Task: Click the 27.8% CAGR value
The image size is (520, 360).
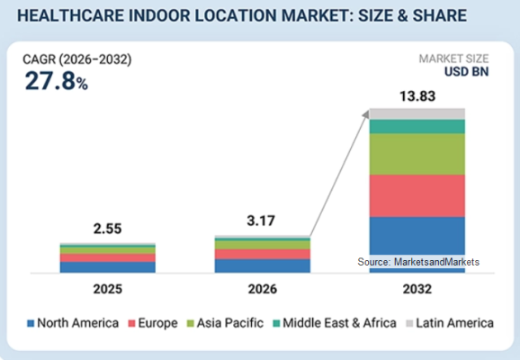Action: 57,81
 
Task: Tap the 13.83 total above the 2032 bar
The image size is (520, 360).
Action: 417,96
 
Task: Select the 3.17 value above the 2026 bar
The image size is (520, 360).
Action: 261,220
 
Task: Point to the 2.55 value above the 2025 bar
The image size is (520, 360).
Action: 107,229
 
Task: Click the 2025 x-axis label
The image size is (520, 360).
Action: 107,289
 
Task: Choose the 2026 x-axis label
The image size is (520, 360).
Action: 263,289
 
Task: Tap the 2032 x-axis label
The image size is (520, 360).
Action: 417,289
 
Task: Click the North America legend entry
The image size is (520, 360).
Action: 73,323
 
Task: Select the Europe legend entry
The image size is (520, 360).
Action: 153,323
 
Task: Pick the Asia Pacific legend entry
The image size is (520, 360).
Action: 225,323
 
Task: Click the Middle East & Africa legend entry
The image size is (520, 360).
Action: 335,323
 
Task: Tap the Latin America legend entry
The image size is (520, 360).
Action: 450,323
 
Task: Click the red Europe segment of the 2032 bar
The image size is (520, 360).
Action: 417,196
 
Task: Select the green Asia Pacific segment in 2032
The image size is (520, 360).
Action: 417,154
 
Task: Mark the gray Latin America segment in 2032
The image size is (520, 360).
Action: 417,113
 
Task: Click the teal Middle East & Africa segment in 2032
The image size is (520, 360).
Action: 417,127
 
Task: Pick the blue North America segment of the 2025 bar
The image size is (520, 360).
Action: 107,267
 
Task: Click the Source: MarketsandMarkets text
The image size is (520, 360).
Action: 418,262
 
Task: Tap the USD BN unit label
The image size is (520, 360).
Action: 466,72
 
